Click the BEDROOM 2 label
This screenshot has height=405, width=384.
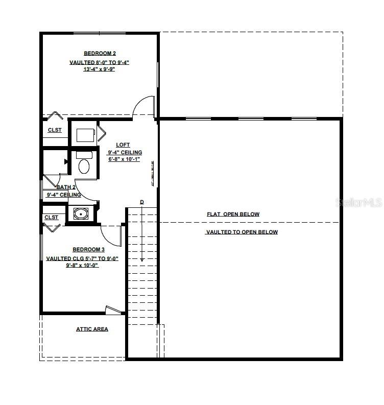point(100,53)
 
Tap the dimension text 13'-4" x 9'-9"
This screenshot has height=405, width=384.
point(100,69)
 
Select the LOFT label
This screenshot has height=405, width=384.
point(123,145)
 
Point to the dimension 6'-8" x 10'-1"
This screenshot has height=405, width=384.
point(124,159)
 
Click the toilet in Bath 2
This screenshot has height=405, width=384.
point(83,166)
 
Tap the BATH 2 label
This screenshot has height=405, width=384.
point(66,187)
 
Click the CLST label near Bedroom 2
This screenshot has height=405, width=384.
point(55,130)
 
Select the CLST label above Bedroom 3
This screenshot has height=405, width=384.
point(52,218)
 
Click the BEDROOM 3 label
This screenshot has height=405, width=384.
point(88,249)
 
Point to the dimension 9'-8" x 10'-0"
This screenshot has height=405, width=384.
point(82,266)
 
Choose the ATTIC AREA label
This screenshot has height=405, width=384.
point(92,329)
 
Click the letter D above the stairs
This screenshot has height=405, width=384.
point(142,202)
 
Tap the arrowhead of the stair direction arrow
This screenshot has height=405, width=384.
point(142,259)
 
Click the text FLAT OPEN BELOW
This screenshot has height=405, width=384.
point(233,215)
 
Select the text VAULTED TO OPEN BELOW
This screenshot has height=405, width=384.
point(242,232)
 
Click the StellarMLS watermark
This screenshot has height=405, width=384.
point(358,203)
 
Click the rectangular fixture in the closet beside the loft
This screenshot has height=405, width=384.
point(85,135)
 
